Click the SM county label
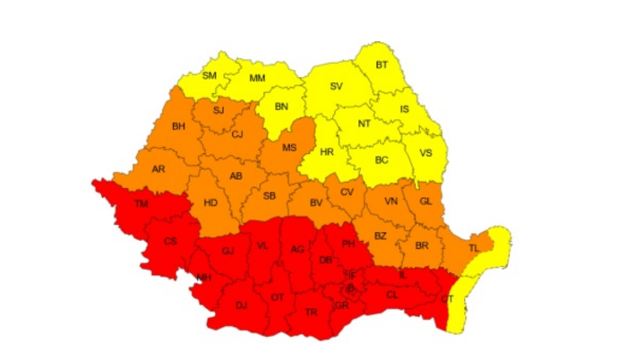tap(210, 75)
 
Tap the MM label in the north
tap(257, 79)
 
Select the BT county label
tap(382, 64)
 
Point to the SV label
tap(337, 87)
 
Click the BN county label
tap(282, 107)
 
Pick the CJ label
tap(237, 135)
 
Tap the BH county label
tap(178, 126)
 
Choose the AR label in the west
tap(159, 168)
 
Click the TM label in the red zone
tap(141, 204)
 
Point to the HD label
tap(210, 202)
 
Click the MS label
tap(289, 148)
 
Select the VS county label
tap(426, 152)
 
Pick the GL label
tap(425, 201)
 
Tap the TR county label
tap(312, 312)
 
